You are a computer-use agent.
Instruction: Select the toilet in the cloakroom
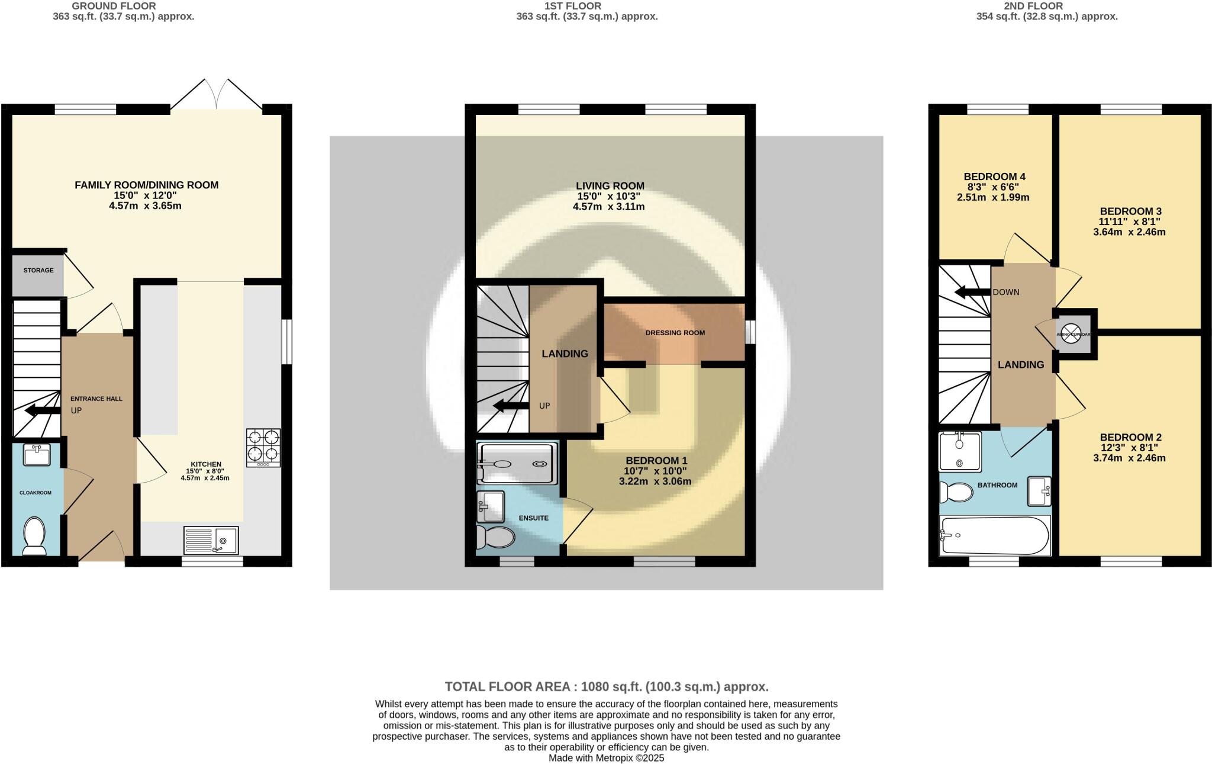(34, 536)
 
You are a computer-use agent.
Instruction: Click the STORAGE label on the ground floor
(38, 270)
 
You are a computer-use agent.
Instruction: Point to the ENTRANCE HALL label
(96, 399)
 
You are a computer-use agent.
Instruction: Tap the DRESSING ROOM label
(675, 333)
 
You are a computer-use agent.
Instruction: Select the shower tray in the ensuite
(517, 464)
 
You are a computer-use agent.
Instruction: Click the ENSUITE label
(533, 518)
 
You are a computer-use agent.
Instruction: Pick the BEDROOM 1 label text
(656, 460)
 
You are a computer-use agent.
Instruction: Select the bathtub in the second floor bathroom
(994, 535)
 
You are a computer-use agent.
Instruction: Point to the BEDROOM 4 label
(994, 176)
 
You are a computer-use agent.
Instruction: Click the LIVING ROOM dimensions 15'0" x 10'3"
(608, 196)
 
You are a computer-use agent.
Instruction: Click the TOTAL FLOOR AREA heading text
(606, 687)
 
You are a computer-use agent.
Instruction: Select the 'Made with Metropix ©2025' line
(606, 758)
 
